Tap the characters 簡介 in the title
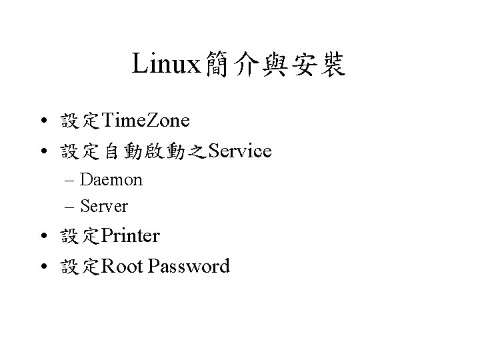click(x=225, y=65)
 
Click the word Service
click(x=239, y=152)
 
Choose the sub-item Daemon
click(x=111, y=180)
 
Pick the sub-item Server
click(x=104, y=207)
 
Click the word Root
click(x=123, y=267)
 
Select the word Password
click(x=190, y=267)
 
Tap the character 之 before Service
click(x=197, y=153)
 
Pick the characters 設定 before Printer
click(x=79, y=237)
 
